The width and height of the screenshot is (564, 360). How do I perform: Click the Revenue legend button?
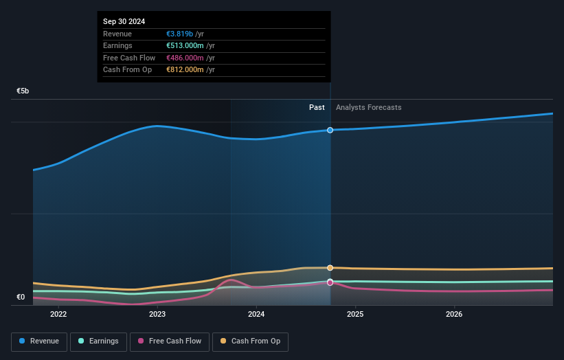point(39,341)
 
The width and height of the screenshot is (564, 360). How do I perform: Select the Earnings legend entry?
point(98,341)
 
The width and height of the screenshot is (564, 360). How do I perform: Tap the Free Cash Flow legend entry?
point(169,341)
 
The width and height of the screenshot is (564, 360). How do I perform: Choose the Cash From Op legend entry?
point(250,341)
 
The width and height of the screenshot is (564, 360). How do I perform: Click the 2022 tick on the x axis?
point(58,315)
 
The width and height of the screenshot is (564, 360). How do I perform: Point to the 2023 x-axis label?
point(157,315)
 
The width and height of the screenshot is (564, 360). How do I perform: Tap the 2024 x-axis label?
point(256,315)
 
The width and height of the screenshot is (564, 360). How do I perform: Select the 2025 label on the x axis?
point(355,315)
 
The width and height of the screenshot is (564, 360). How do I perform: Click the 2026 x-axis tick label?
point(454,315)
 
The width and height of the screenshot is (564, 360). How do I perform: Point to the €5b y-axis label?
point(23,91)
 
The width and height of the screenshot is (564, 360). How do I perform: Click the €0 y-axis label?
point(21,297)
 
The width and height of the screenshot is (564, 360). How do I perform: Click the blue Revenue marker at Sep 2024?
point(330,130)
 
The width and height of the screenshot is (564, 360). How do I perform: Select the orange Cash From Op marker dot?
point(330,268)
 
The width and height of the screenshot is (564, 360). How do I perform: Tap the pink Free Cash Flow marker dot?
point(330,282)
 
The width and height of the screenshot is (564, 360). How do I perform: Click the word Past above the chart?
point(317,107)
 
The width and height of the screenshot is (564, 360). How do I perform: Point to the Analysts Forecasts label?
point(368,107)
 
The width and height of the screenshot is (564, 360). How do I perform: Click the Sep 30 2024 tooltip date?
point(124,22)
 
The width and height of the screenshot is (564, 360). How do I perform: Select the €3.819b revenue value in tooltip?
point(180,34)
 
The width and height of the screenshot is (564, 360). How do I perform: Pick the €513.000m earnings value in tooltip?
point(185,46)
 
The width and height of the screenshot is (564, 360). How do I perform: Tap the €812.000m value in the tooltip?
point(185,69)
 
